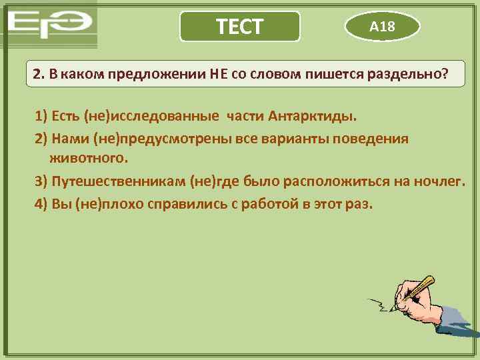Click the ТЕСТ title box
[240, 27]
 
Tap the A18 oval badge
[382, 27]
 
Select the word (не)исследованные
[151, 117]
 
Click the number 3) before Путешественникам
[41, 181]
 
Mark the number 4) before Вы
[41, 203]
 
